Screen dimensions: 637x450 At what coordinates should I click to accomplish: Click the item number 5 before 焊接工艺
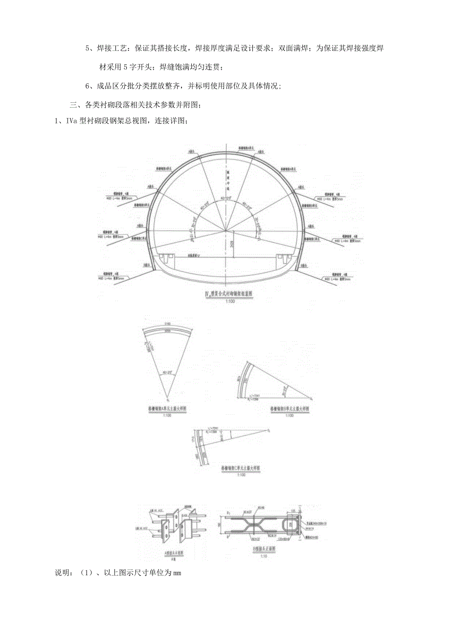88,48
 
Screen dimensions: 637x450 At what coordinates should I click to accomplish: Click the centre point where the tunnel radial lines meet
225,231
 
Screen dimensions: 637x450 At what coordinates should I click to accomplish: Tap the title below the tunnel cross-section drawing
226,294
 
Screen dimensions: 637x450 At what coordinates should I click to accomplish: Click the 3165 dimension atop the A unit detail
167,324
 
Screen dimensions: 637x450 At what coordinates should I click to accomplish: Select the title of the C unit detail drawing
240,468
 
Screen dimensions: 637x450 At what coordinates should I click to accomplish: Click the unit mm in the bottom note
177,573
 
